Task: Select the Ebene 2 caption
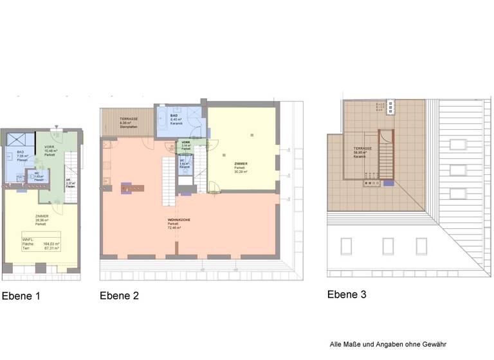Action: click(x=119, y=296)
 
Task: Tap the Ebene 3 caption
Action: click(x=347, y=294)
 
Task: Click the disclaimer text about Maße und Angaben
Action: click(x=387, y=344)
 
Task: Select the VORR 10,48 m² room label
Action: click(x=50, y=149)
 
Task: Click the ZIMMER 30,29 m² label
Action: click(x=240, y=166)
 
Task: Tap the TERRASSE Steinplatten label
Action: click(x=129, y=122)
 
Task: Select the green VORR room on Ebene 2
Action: click(x=186, y=146)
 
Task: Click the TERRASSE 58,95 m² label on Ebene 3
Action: click(x=363, y=152)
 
